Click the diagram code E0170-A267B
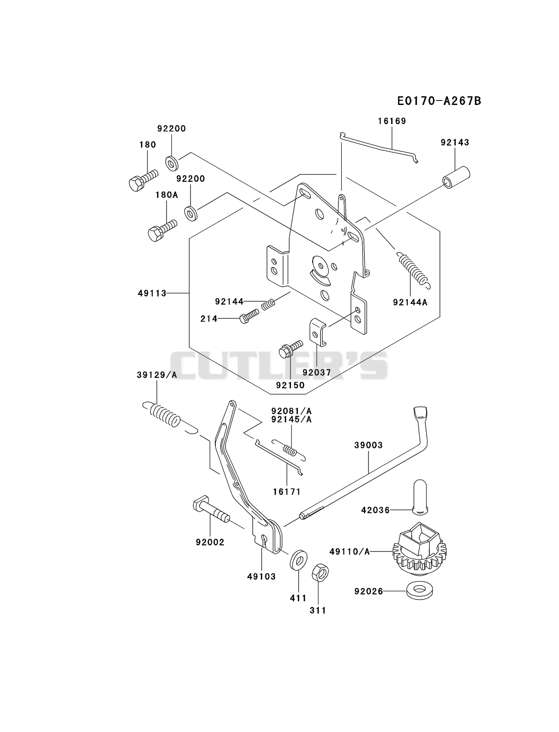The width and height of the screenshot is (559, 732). (x=439, y=100)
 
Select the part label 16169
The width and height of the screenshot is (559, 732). (x=392, y=121)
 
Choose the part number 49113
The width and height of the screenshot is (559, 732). (x=152, y=293)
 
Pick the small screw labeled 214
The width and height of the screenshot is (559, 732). (x=249, y=316)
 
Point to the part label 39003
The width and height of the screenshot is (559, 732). (x=368, y=445)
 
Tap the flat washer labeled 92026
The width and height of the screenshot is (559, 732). (x=419, y=591)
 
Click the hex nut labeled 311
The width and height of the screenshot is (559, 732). (x=320, y=572)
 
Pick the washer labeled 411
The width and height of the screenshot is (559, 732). (x=299, y=561)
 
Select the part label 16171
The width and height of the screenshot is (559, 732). (x=287, y=492)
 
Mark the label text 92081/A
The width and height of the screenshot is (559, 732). (x=291, y=411)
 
